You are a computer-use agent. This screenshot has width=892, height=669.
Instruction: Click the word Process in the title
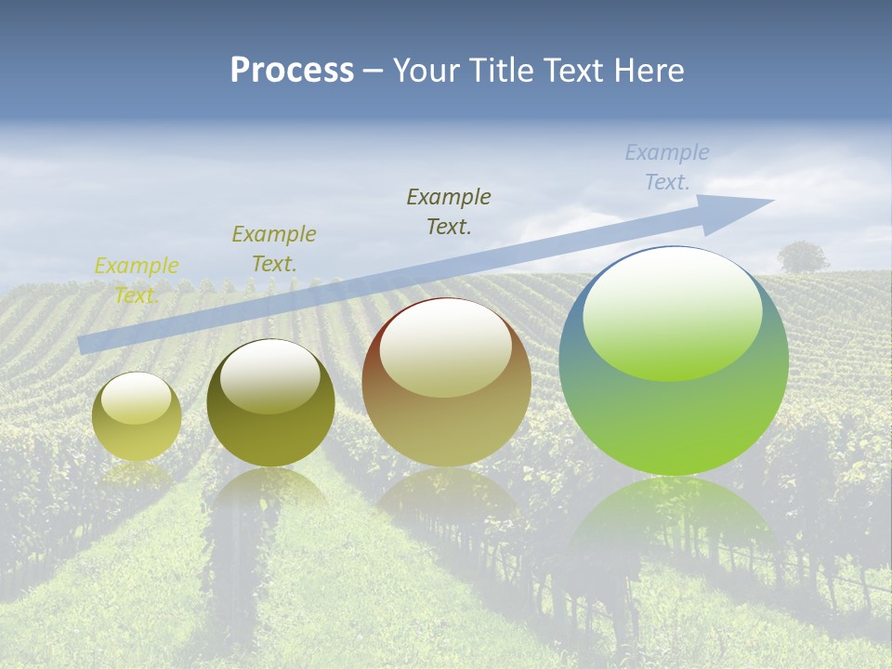[292, 71]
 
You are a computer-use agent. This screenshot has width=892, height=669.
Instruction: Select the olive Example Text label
[273, 248]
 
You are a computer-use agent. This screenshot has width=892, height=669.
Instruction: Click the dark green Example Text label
[449, 211]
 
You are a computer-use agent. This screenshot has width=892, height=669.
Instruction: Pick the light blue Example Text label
[667, 167]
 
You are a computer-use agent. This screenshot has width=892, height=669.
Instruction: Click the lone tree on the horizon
[803, 256]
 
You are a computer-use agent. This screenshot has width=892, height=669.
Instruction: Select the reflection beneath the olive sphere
[270, 492]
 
